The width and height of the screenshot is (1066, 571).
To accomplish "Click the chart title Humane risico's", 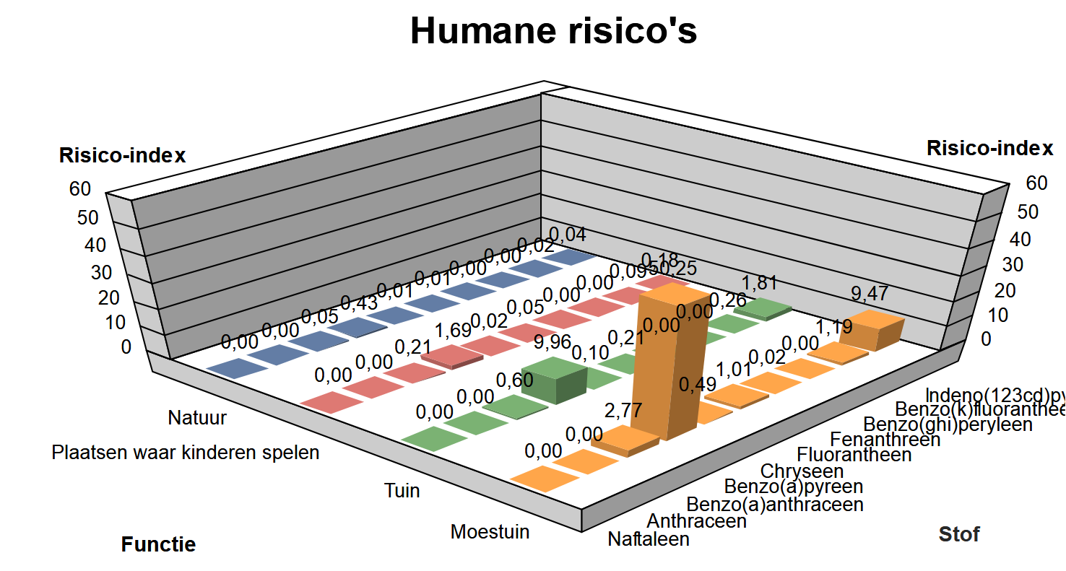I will [553, 31].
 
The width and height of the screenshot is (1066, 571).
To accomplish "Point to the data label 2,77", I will [623, 411].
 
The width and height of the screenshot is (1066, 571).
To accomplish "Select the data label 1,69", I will [452, 331].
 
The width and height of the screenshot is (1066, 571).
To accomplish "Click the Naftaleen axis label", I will [649, 539].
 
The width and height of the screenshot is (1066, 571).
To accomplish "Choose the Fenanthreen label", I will [885, 439].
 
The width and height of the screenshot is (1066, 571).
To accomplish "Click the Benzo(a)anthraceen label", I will [775, 504].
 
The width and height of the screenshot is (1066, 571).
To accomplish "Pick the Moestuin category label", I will [490, 532].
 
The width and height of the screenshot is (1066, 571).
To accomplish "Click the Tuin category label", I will [402, 491].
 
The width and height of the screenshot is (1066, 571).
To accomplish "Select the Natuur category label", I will [197, 417].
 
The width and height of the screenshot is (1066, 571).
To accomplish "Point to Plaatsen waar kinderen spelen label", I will [186, 453].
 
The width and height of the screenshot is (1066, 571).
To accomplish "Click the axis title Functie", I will [158, 544].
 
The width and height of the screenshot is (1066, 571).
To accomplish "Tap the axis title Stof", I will [958, 534].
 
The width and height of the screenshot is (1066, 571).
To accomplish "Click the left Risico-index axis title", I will [122, 155].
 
